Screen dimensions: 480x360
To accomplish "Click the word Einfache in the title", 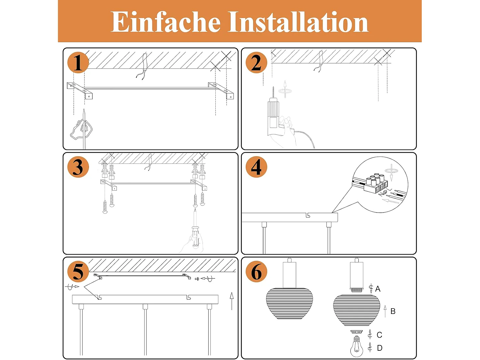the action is pyautogui.click(x=165, y=22).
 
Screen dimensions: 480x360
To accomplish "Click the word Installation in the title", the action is pyautogui.click(x=298, y=22).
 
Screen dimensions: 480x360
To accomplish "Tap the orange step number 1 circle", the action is pyautogui.click(x=78, y=62).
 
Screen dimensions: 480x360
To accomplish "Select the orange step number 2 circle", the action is pyautogui.click(x=256, y=62).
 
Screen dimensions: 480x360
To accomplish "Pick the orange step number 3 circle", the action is pyautogui.click(x=78, y=167).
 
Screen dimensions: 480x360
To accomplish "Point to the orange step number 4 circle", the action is pyautogui.click(x=256, y=167).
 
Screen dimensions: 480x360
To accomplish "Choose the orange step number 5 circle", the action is pyautogui.click(x=78, y=271).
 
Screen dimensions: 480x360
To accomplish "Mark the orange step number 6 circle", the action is pyautogui.click(x=256, y=271).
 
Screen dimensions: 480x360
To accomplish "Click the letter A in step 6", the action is pyautogui.click(x=378, y=289).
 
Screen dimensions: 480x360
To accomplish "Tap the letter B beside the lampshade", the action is pyautogui.click(x=393, y=311).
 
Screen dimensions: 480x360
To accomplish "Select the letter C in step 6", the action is pyautogui.click(x=380, y=335).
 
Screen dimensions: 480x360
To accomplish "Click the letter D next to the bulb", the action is pyautogui.click(x=380, y=348).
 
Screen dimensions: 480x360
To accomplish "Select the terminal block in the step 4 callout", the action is pyautogui.click(x=375, y=184).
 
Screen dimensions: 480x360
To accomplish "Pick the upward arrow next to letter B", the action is pyautogui.click(x=385, y=311).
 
